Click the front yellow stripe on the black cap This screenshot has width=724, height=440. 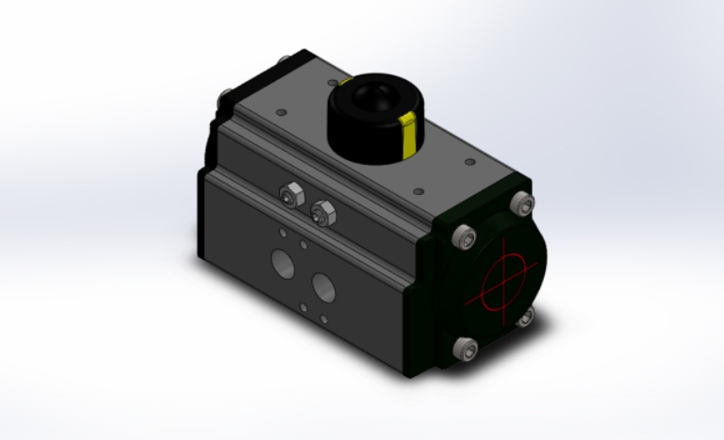click(x=409, y=134)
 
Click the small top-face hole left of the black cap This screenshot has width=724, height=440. click(x=281, y=112)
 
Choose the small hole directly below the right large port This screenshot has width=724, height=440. click(x=323, y=313)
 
